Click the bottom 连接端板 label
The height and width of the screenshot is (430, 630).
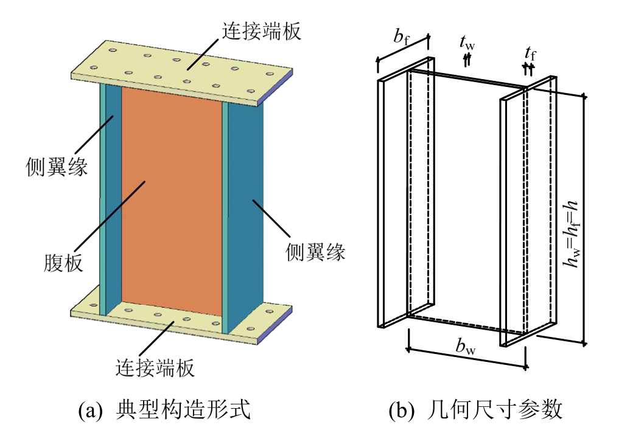click(x=155, y=367)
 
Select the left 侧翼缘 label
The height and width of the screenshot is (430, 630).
click(x=57, y=165)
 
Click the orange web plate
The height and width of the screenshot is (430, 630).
click(x=172, y=195)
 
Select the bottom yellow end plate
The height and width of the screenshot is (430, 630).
click(x=177, y=319)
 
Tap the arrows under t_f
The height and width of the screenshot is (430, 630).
click(x=528, y=69)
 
